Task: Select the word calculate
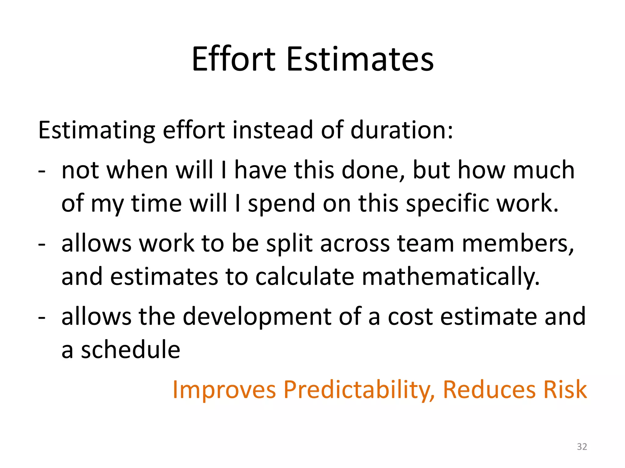(x=305, y=277)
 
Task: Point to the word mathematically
(x=450, y=277)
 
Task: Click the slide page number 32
(x=582, y=447)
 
